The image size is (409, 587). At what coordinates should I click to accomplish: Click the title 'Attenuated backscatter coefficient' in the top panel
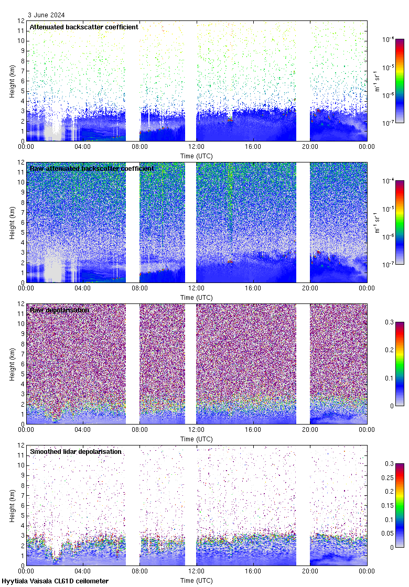click(84, 27)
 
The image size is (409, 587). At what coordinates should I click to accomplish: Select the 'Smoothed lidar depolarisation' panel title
click(76, 451)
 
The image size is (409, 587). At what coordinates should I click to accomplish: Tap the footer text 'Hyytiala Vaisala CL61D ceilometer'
click(55, 581)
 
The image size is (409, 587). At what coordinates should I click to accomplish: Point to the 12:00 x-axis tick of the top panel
click(196, 147)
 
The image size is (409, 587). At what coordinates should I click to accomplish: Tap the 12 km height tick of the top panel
click(21, 21)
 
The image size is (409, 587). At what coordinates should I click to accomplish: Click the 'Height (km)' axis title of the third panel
click(12, 364)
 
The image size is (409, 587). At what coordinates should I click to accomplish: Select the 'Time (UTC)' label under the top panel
click(196, 156)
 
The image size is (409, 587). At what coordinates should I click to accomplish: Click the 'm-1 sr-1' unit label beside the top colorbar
click(378, 81)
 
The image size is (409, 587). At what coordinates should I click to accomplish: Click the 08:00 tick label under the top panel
click(139, 147)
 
